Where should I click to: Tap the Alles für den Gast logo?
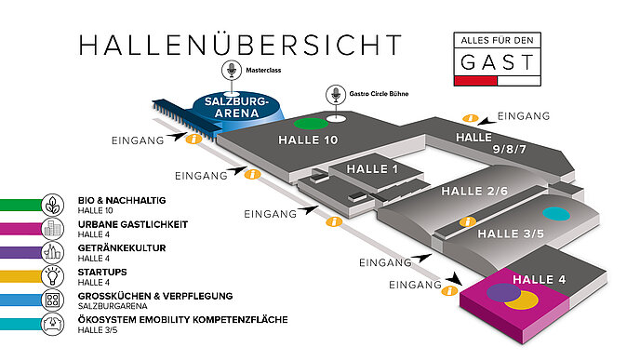497,60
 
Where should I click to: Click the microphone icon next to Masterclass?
232,70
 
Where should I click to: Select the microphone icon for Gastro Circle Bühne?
336,94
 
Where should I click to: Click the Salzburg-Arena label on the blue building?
236,107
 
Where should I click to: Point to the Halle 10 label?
308,140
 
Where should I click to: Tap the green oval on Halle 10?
311,124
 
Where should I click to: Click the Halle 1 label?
372,169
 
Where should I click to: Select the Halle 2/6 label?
474,191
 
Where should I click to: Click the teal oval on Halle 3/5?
556,214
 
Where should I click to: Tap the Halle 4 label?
540,280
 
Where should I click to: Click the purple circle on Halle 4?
503,292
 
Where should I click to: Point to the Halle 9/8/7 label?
491,143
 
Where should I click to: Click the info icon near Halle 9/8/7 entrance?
470,118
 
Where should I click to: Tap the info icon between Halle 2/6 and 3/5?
468,221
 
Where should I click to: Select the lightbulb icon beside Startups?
53,276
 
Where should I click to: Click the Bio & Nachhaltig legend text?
122,200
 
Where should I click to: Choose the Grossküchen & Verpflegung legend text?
155,296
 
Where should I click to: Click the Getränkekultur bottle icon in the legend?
53,252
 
